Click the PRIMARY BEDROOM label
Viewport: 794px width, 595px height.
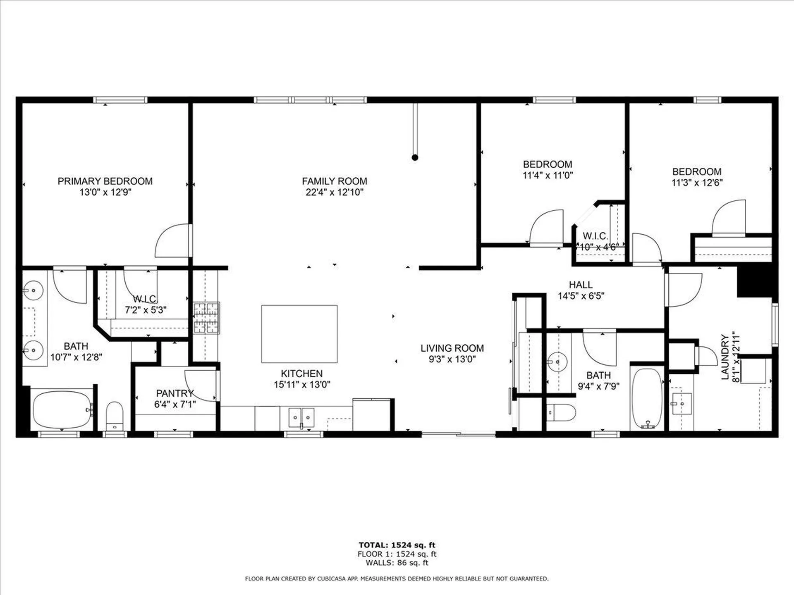click(x=105, y=181)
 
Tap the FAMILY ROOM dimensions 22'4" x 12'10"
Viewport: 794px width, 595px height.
click(x=334, y=192)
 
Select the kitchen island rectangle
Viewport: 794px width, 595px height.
click(x=299, y=334)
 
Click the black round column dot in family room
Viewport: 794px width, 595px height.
click(x=415, y=157)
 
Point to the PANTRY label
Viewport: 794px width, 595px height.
click(x=175, y=393)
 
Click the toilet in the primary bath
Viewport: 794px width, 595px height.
click(x=115, y=416)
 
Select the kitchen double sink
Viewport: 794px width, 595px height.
click(x=301, y=417)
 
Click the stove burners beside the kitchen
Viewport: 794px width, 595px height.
click(x=206, y=318)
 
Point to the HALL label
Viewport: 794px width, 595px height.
click(x=581, y=285)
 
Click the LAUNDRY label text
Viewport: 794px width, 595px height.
click(x=725, y=357)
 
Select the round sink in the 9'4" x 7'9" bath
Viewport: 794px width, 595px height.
click(x=557, y=362)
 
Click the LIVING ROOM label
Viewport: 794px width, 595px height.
click(x=452, y=348)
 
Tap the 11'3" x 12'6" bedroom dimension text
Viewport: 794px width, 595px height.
click(x=697, y=183)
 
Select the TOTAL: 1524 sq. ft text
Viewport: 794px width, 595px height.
click(x=397, y=545)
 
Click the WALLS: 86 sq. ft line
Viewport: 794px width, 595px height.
click(x=397, y=563)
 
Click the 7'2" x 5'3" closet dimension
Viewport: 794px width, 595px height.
click(x=146, y=310)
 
